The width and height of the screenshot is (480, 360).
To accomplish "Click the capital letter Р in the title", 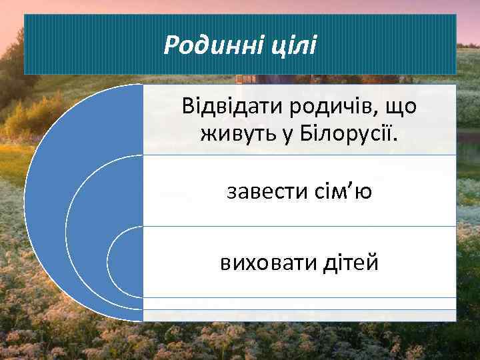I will point(171,45).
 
